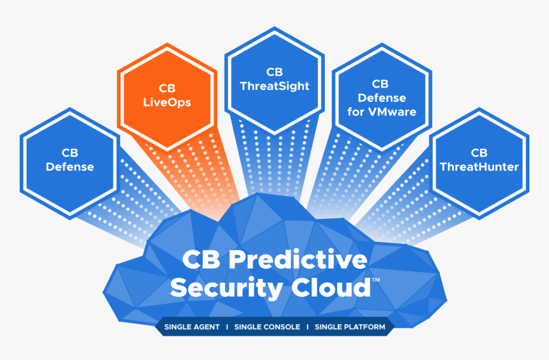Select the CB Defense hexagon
pos(70,160)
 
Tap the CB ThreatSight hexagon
pos(274,80)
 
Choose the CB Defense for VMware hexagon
pos(381,98)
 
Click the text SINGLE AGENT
pos(192,327)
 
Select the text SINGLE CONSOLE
pos(267,327)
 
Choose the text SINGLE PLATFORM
pos(350,327)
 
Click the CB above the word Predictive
pos(201,260)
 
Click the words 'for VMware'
pos(381,112)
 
